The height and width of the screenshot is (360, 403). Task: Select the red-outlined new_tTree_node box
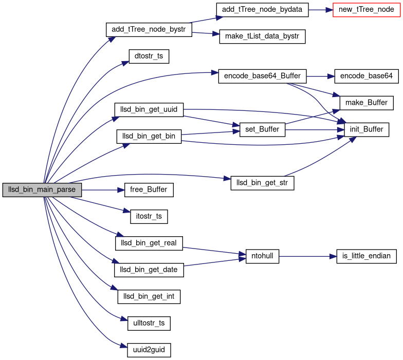coord(367,9)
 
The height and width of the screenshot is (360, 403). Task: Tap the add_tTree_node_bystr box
coord(149,29)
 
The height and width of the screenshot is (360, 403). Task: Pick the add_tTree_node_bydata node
coord(262,9)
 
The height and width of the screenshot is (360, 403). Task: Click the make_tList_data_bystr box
coord(262,36)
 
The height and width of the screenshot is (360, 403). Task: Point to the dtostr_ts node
coord(149,56)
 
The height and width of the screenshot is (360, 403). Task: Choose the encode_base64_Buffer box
coord(262,76)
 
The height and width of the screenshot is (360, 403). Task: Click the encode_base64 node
coord(367,76)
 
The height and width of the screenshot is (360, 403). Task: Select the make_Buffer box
coord(367,103)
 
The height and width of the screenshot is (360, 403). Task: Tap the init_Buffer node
coord(367,129)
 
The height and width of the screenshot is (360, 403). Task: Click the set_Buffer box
coord(262,129)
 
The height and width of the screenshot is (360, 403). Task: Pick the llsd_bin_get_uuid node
coord(149,109)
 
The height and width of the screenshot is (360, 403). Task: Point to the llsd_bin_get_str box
coord(262,183)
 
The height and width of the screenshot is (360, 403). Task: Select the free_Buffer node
coord(149,190)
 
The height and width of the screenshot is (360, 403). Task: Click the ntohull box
coord(262,256)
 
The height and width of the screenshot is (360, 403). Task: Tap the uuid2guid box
coord(149,350)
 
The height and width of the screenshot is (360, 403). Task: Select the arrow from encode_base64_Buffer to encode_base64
coord(320,76)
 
